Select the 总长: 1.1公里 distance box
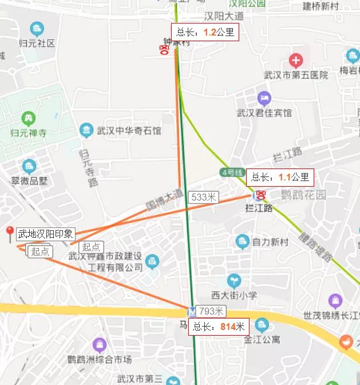[280, 177]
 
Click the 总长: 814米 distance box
[219, 327]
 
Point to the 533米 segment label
[204, 197]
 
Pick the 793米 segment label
[211, 312]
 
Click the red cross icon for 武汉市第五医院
[295, 60]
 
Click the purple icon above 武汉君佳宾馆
[263, 98]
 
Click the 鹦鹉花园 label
[303, 195]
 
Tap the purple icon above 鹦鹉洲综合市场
[100, 345]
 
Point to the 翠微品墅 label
[30, 180]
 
